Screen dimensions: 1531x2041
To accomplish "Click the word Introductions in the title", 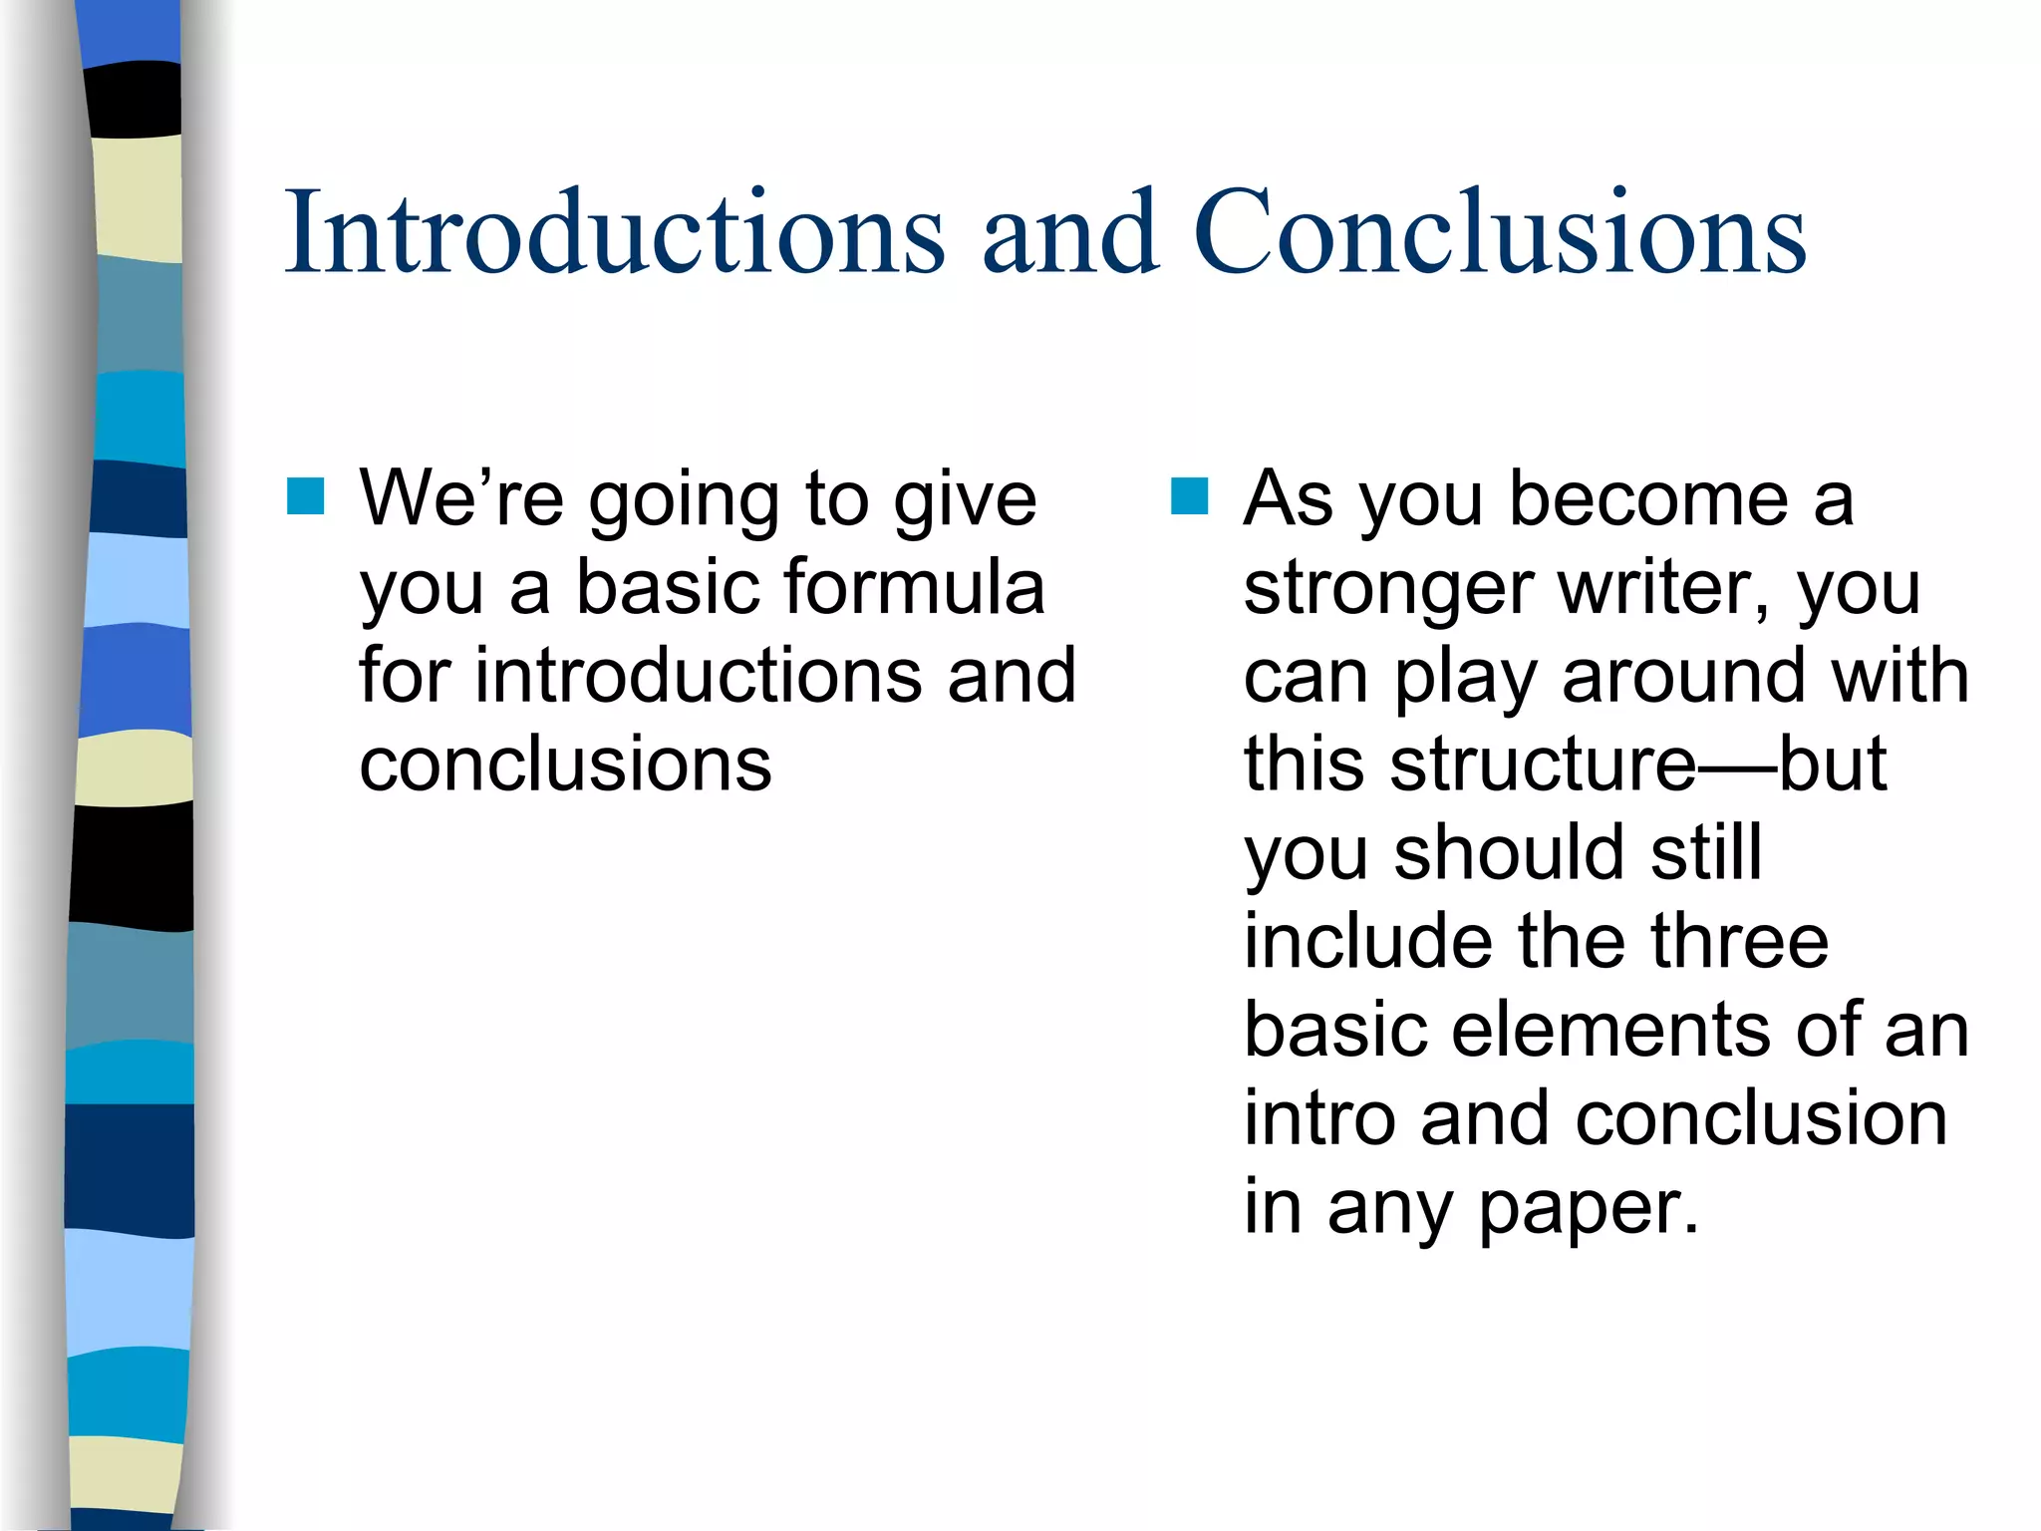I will coord(614,231).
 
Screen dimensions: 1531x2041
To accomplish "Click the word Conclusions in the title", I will coord(1499,231).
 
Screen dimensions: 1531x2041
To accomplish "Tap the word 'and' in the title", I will coord(1070,231).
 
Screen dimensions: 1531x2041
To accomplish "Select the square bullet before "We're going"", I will coord(306,495).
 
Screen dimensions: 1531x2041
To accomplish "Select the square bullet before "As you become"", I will coord(1189,495).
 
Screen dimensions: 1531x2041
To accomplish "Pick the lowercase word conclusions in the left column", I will coord(565,765).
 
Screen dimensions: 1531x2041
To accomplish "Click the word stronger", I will coord(1388,588).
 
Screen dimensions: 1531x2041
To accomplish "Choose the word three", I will coord(1739,941).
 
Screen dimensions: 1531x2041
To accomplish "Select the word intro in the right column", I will coord(1320,1118).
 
